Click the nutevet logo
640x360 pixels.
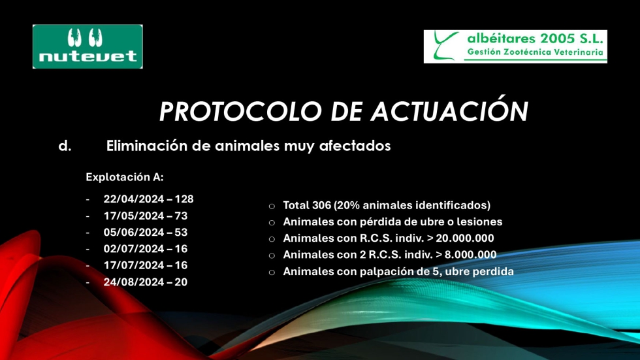click(88, 46)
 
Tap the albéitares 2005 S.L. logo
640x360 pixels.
click(515, 46)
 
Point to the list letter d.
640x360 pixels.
click(65, 146)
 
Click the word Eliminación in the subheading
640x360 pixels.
click(147, 146)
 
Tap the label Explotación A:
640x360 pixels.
click(125, 177)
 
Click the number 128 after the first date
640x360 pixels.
click(184, 199)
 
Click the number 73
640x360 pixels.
click(182, 216)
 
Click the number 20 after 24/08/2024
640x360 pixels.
click(182, 282)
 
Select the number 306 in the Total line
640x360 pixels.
click(321, 205)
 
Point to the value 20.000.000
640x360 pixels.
click(465, 238)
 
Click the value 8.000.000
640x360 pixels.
click(471, 255)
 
